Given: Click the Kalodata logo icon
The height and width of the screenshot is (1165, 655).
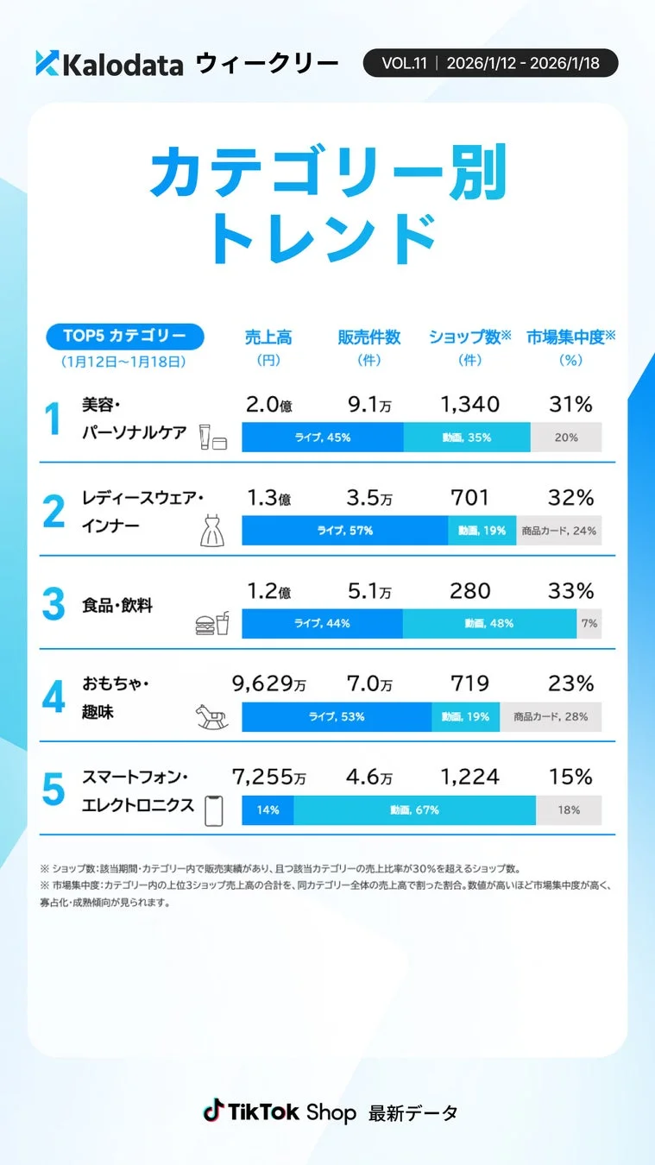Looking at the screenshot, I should point(47,63).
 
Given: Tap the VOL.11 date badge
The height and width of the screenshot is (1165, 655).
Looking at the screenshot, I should point(489,63).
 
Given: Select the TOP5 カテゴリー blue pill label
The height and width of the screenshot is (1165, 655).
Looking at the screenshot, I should point(124,336).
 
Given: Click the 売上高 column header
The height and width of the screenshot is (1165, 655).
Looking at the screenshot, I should point(268,337).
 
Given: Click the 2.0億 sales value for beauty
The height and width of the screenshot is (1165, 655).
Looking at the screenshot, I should point(268,405).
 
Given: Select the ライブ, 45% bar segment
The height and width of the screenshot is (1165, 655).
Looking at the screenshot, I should point(322,438).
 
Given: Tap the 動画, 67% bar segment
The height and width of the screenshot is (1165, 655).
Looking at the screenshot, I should point(414,810).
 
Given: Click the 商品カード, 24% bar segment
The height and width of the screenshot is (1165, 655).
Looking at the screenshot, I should point(558,531).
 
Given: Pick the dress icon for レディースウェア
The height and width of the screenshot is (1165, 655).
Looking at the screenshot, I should point(212,532).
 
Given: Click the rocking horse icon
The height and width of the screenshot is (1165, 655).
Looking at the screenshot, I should point(212,716).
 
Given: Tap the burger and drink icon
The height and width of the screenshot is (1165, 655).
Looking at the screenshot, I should point(212,623).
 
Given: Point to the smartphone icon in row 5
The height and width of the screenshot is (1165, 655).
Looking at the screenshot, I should point(212,810).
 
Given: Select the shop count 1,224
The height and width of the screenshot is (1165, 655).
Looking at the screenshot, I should point(469,778).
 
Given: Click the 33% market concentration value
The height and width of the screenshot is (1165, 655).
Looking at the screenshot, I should point(570,591).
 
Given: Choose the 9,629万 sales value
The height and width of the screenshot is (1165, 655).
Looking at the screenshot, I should point(268,684).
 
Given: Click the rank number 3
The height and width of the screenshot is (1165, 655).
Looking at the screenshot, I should point(54,605).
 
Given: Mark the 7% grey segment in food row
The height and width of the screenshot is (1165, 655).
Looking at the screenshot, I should point(589,623).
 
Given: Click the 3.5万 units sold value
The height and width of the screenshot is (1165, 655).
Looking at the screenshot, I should point(368,498).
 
